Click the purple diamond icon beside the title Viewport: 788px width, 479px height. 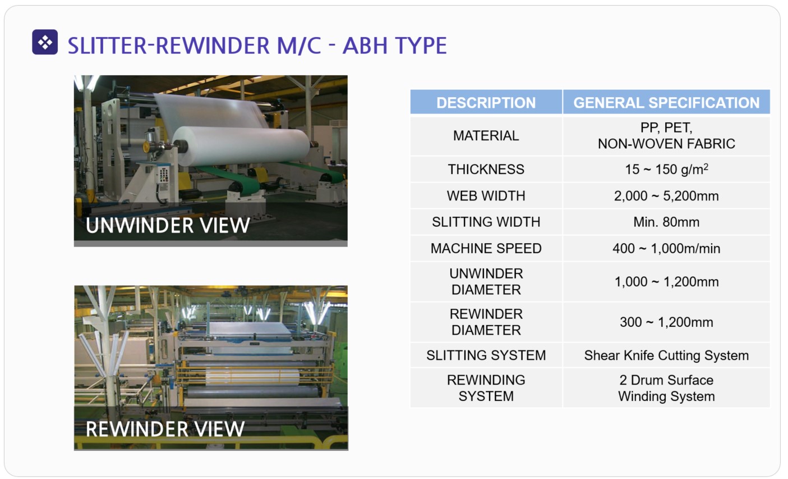[45, 42]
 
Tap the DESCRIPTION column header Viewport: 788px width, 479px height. [486, 103]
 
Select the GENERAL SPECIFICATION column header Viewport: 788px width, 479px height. [666, 103]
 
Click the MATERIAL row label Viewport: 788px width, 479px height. [486, 135]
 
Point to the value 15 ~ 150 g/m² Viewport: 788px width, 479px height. [666, 169]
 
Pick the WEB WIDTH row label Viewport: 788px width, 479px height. [486, 195]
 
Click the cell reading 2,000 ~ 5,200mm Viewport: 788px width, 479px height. [666, 196]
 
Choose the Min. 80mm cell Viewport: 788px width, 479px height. [666, 222]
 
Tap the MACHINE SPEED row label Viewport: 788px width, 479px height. [486, 248]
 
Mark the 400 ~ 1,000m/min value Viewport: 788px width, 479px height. [666, 249]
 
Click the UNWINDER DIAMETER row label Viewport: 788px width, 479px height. [486, 281]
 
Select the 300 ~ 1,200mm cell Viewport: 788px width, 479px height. [666, 322]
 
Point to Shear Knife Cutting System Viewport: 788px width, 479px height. [666, 355]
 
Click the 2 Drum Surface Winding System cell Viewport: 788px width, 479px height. [666, 388]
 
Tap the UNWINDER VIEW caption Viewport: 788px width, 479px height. [168, 225]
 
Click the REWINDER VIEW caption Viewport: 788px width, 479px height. [165, 429]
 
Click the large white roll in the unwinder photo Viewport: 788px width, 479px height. [241, 145]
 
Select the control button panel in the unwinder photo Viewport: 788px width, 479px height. [163, 175]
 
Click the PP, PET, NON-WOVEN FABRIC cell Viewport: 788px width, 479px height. [666, 135]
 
